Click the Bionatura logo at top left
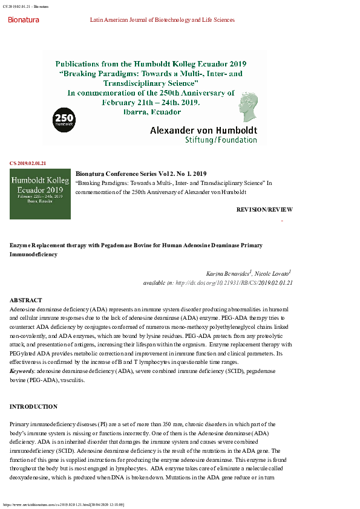[x=23, y=20]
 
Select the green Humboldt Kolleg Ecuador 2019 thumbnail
[x=40, y=193]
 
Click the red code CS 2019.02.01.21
[x=28, y=163]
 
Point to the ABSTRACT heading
[x=26, y=300]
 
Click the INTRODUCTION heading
[x=33, y=407]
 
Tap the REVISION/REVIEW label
[x=264, y=210]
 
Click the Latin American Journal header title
[x=162, y=20]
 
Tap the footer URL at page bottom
[x=64, y=504]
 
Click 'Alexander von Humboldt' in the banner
[x=203, y=130]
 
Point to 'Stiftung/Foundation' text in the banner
[x=221, y=140]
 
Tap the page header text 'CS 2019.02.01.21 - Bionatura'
[x=25, y=6]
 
